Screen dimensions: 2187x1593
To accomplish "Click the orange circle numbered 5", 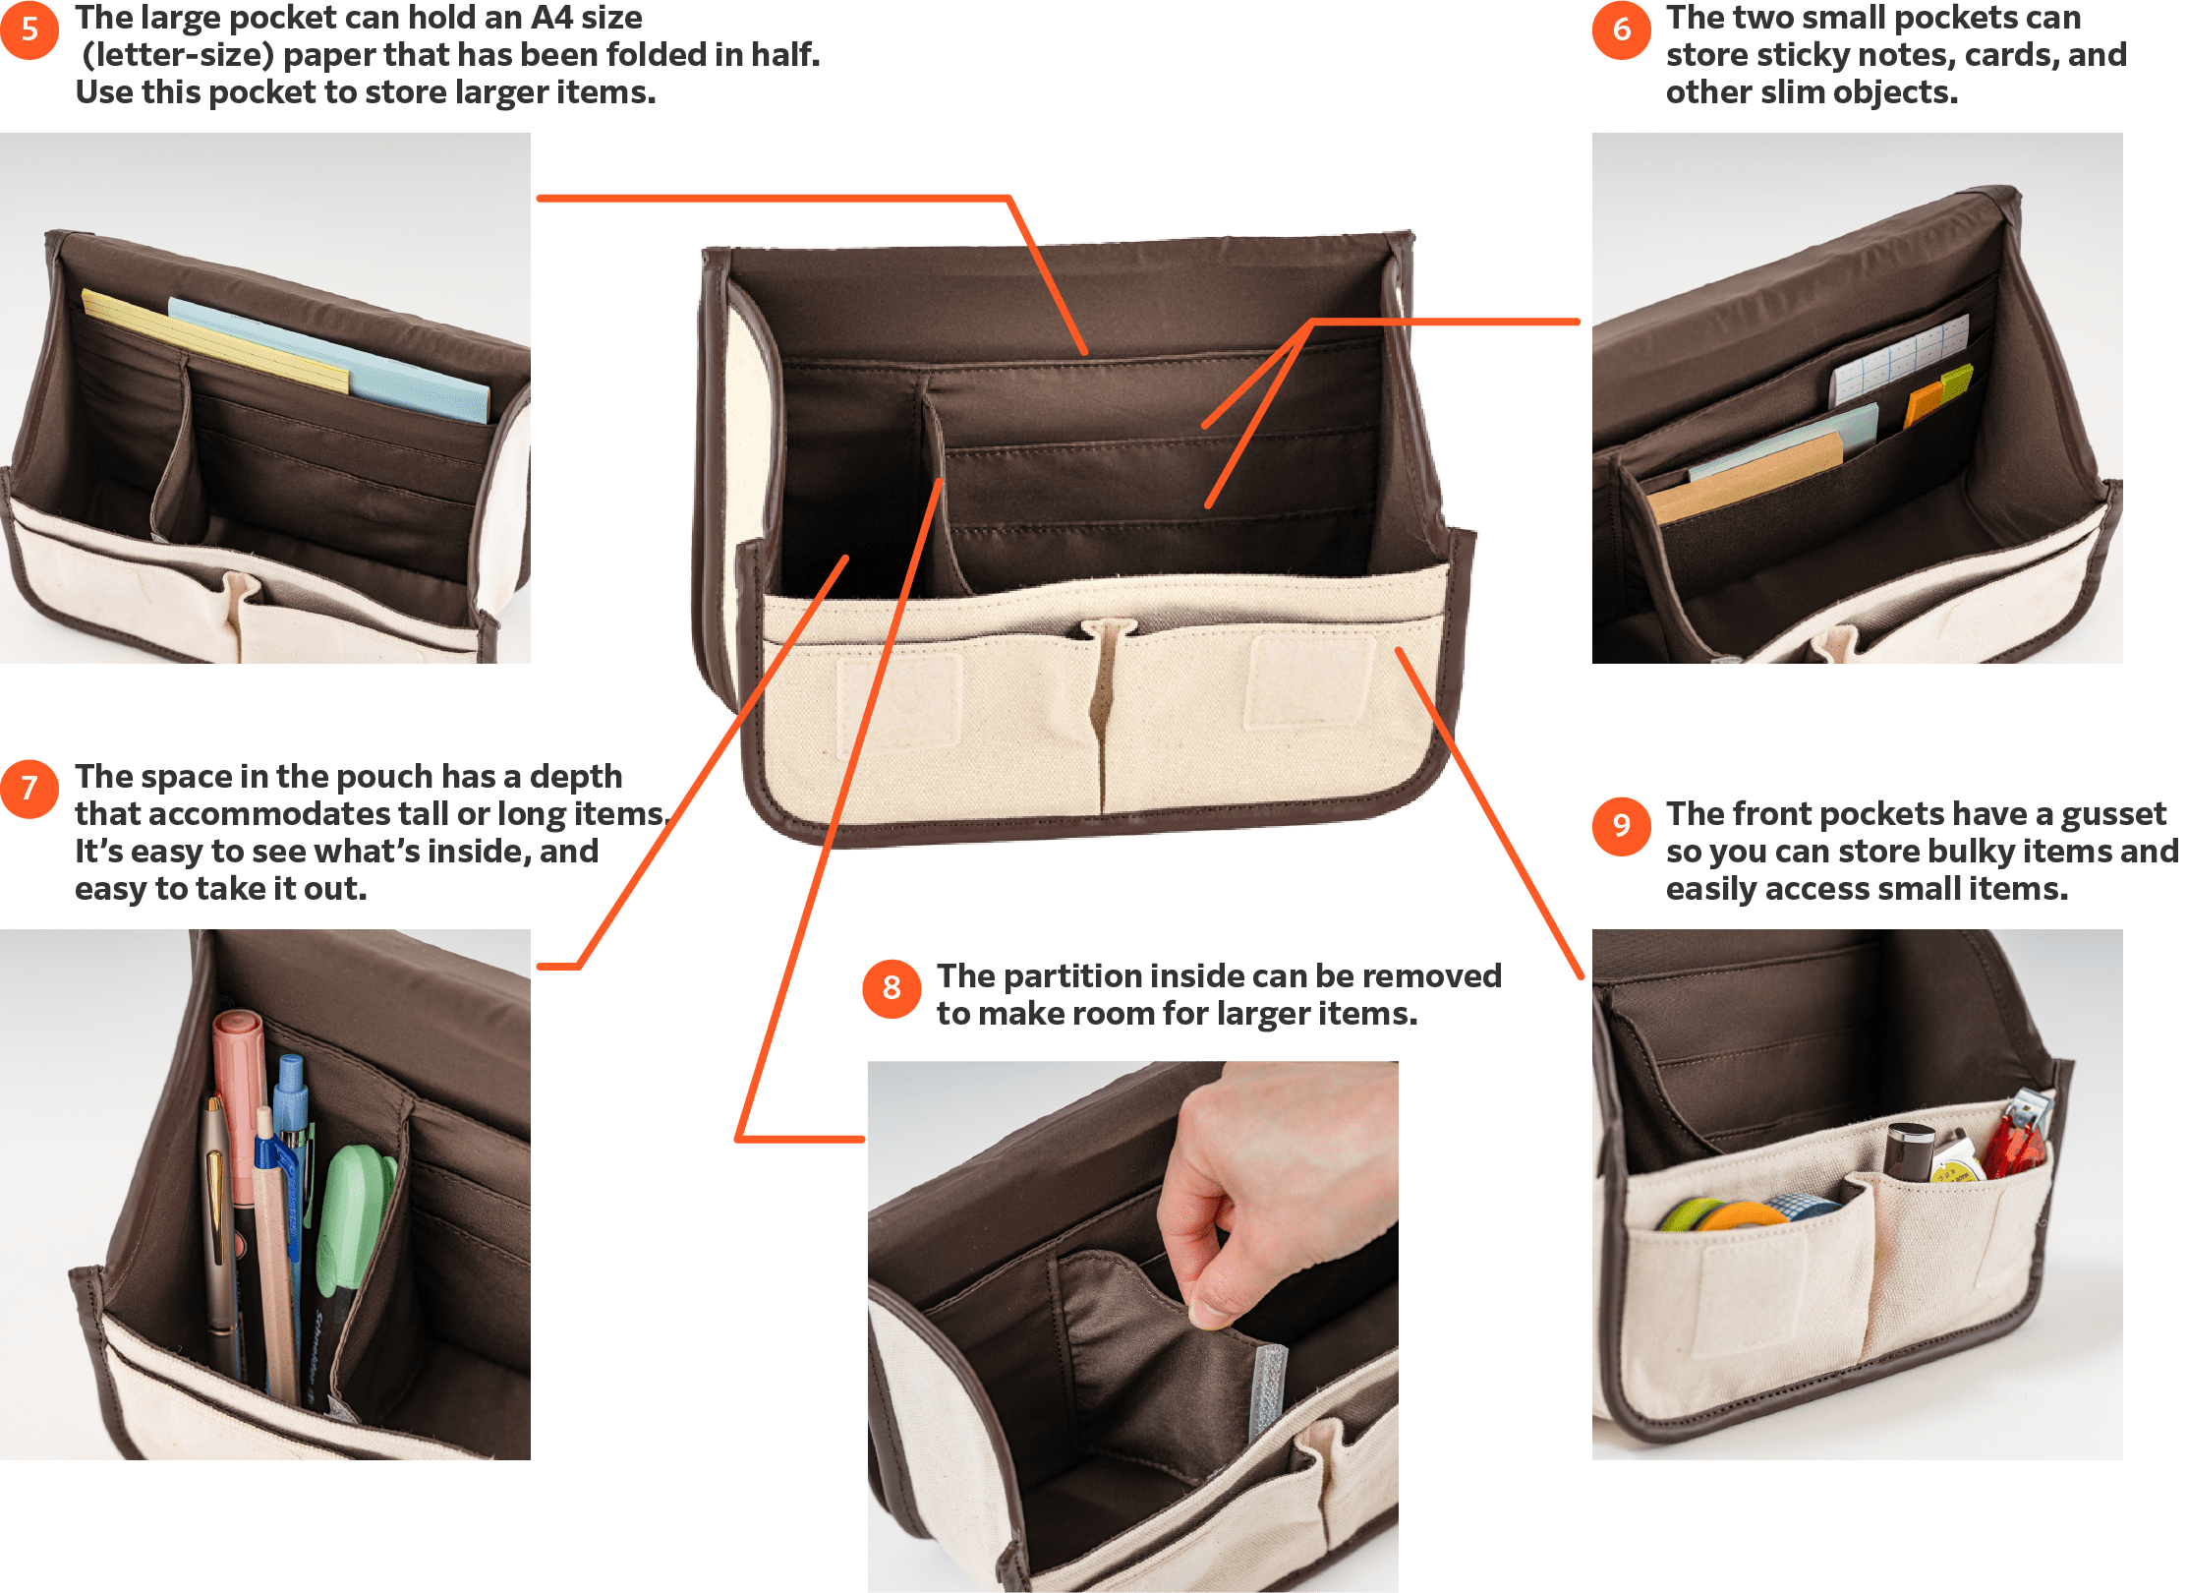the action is click(x=29, y=29).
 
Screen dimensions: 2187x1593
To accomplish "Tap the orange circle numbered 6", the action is click(x=1621, y=29).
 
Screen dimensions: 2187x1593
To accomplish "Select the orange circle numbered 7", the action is click(x=29, y=788).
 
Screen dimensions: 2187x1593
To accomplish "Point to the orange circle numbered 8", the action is click(x=892, y=987).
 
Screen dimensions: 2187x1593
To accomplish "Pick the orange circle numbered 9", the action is click(x=1621, y=825).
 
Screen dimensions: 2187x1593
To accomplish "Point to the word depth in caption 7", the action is click(x=576, y=778).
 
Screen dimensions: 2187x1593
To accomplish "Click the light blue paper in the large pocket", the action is click(x=328, y=358).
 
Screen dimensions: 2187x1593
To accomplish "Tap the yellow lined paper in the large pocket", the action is click(x=215, y=340).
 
